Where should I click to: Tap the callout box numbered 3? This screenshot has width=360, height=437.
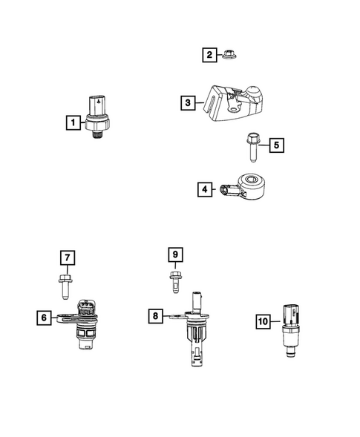pos(188,102)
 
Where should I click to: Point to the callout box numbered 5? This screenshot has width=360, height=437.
pos(275,145)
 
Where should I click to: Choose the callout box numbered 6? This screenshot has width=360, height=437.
pos(44,318)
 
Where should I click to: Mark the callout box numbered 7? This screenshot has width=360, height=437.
pos(68,258)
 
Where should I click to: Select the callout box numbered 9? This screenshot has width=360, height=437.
pos(176,256)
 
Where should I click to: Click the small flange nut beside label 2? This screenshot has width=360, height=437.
pos(229,55)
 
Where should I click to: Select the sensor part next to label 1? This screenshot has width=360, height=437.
pos(99,114)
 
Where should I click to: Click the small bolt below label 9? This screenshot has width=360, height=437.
pos(176,282)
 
